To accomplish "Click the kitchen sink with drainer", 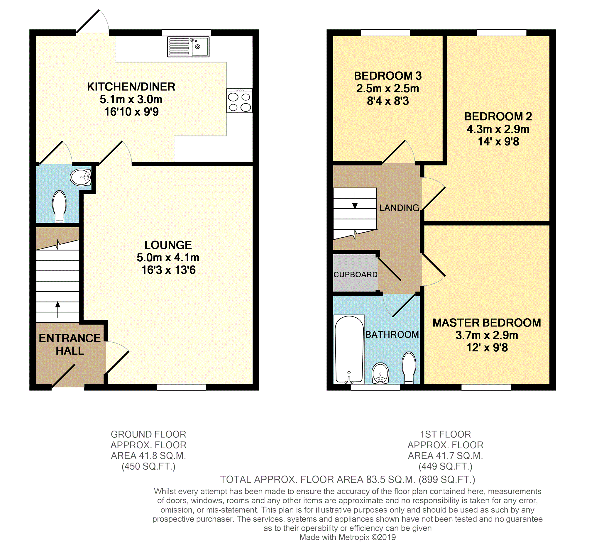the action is pos(188,47).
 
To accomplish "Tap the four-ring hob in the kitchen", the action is pos(239,101).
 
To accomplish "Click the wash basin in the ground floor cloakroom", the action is pos(81,177).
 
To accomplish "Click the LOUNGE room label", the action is pos(168,245).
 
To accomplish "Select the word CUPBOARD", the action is pos(356,275).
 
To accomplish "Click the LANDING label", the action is pos(399,208).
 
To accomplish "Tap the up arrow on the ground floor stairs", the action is pos(58,310).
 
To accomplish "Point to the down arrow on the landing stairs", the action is pos(355,201).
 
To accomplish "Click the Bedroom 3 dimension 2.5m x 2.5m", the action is pos(387,89).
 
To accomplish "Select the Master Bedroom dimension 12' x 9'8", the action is pos(487,348).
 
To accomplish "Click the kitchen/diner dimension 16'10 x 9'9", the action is pos(131,112).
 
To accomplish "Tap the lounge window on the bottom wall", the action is pos(181,387).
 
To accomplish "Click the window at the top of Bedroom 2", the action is pos(502,33).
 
